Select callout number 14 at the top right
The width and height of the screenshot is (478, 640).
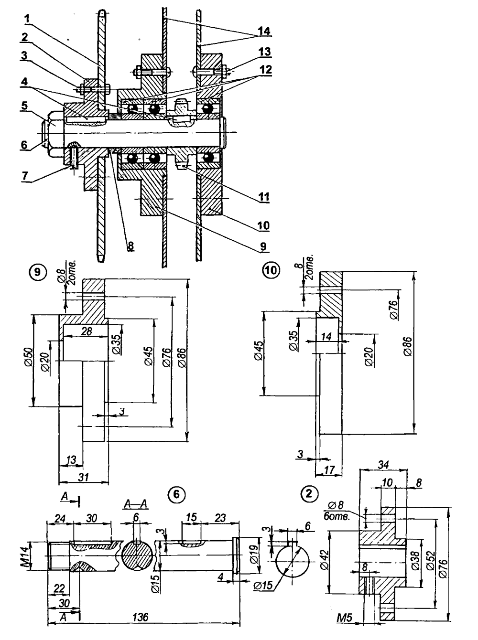[x=264, y=31]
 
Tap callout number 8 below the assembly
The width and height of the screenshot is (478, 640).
[x=130, y=246]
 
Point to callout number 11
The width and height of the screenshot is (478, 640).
[x=264, y=197]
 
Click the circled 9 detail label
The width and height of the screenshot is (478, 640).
[x=37, y=272]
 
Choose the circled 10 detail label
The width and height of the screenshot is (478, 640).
[x=271, y=270]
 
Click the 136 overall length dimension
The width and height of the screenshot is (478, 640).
[x=141, y=617]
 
